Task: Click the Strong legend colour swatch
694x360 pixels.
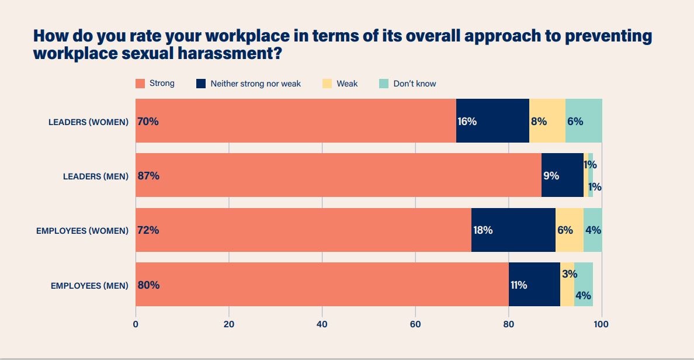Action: tap(140, 84)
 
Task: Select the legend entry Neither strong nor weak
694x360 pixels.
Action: tap(255, 84)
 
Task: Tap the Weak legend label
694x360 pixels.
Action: tap(347, 84)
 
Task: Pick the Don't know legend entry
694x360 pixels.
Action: tap(414, 84)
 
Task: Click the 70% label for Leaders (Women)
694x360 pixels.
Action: tap(148, 122)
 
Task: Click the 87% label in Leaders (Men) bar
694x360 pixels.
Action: tap(148, 176)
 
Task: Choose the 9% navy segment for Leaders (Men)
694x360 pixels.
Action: tap(563, 175)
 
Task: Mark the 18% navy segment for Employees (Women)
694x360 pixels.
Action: tap(513, 230)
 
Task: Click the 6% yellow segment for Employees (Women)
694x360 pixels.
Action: tap(569, 230)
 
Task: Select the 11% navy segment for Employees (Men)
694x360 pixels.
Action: tap(534, 285)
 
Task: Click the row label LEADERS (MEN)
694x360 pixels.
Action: tap(96, 176)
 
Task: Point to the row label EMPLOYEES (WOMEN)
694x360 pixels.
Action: tap(82, 231)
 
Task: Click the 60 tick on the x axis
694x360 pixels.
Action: tap(415, 324)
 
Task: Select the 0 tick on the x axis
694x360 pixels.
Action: tap(136, 324)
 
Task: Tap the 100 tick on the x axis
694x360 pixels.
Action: tap(601, 324)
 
